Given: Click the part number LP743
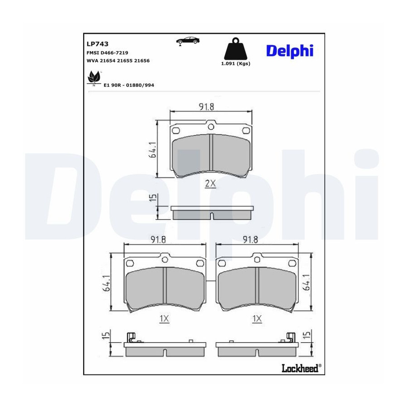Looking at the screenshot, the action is click(97, 44).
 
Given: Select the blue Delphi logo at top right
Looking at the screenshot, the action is click(290, 51).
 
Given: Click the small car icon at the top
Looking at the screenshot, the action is click(188, 41).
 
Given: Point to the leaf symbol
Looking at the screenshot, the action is click(94, 77).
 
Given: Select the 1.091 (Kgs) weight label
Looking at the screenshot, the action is click(236, 64).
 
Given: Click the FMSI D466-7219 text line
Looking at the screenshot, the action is click(107, 53).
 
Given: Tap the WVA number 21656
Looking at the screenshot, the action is click(142, 61).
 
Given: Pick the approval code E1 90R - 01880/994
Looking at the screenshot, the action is click(129, 85).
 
